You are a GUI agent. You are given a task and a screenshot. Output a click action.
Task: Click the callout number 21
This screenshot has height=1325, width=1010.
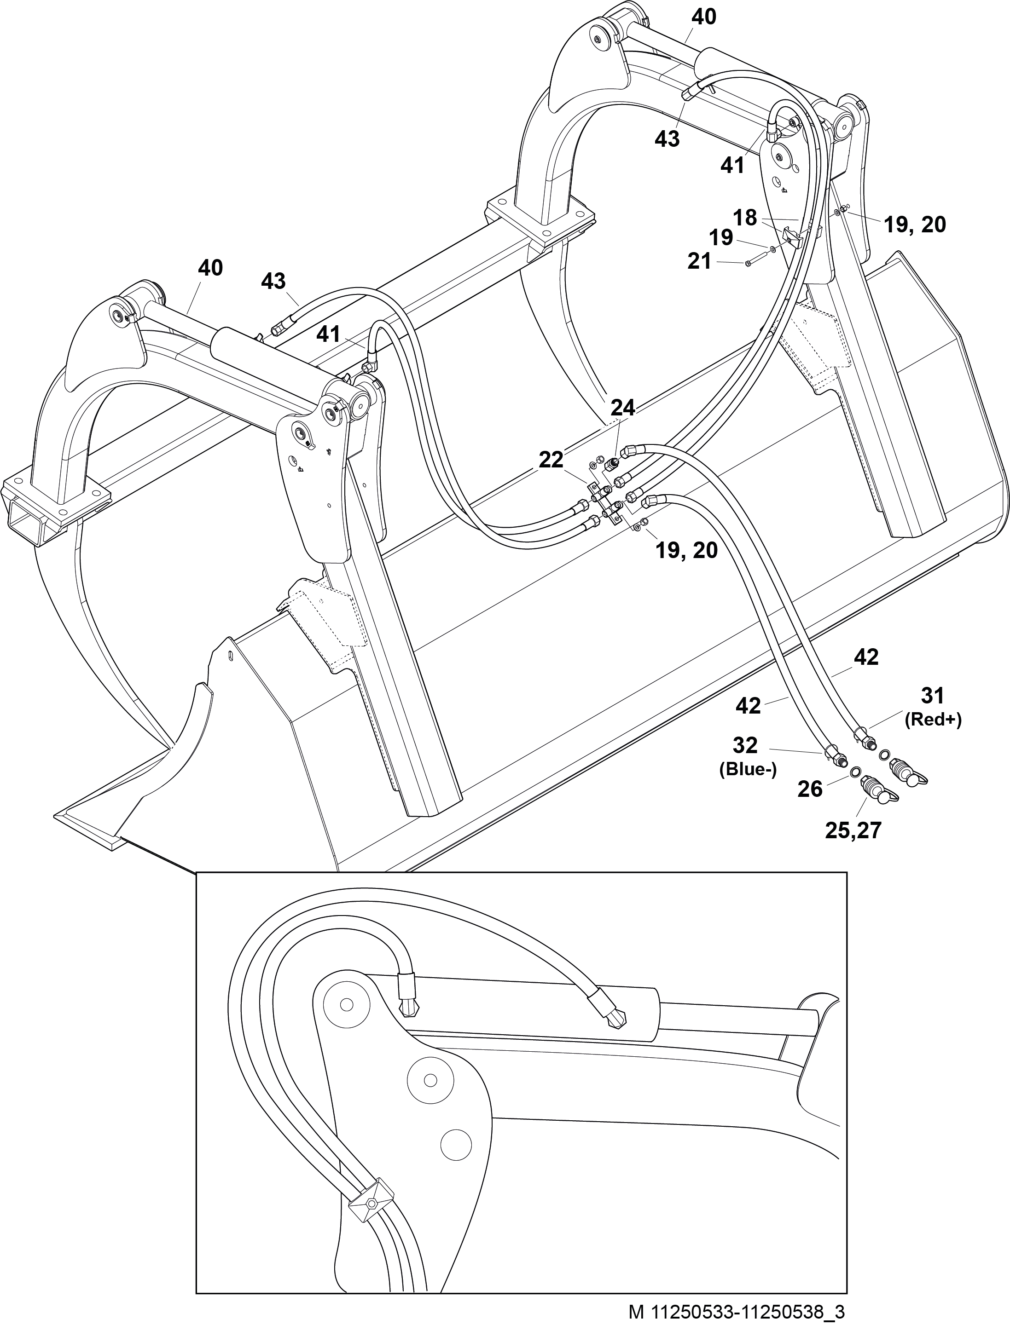coord(699,261)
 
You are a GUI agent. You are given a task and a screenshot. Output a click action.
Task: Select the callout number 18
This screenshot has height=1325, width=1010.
coord(745,218)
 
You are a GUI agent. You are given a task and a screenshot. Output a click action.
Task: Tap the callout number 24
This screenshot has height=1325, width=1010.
coord(623,408)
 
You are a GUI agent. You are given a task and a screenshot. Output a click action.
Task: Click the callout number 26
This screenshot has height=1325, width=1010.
coord(810,789)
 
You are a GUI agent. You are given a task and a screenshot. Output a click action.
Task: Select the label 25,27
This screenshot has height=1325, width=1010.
coord(853,830)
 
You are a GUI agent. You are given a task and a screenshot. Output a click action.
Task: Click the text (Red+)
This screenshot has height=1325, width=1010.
coord(933,720)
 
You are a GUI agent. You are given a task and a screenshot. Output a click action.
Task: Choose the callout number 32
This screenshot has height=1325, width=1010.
coord(745,746)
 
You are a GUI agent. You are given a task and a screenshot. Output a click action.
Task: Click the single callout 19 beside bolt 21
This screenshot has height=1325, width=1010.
coord(721,237)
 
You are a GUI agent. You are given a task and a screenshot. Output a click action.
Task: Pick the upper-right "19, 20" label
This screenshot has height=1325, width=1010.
coord(914,225)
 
